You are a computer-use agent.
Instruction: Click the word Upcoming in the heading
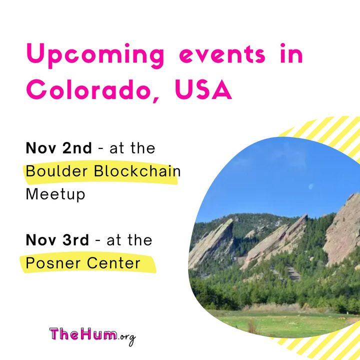(95, 55)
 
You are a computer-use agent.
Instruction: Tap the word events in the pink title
(222, 55)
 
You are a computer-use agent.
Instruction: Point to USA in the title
(203, 89)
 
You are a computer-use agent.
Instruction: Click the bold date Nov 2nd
(59, 148)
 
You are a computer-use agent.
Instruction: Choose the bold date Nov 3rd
(57, 240)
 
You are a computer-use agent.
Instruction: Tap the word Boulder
(56, 171)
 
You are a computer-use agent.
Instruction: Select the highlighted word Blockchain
(137, 171)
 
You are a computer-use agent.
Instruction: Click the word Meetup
(55, 194)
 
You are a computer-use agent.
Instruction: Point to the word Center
(113, 263)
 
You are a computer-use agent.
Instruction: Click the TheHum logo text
(83, 334)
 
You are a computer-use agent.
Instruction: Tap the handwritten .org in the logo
(126, 337)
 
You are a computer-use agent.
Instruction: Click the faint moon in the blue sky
(311, 186)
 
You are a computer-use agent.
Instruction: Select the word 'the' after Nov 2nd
(143, 148)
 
